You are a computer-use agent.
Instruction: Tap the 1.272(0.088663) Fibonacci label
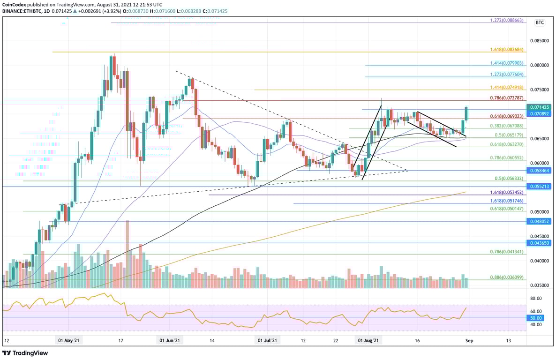(508, 21)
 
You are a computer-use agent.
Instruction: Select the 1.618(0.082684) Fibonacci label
(508, 50)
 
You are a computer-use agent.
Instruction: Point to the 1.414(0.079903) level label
(508, 63)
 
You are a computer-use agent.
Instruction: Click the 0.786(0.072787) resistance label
(508, 98)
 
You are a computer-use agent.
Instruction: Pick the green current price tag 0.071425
(540, 107)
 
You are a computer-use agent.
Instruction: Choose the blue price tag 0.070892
(540, 113)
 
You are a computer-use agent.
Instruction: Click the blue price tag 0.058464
(540, 171)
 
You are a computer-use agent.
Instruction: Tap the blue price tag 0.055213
(540, 186)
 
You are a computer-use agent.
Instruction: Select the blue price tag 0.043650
(540, 243)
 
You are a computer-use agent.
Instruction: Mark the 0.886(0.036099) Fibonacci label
(508, 277)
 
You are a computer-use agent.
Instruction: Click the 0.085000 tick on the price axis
(540, 41)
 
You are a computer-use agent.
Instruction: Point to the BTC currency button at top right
(540, 22)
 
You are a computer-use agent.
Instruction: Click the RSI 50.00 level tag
(535, 318)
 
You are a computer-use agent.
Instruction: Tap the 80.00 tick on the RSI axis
(535, 298)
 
